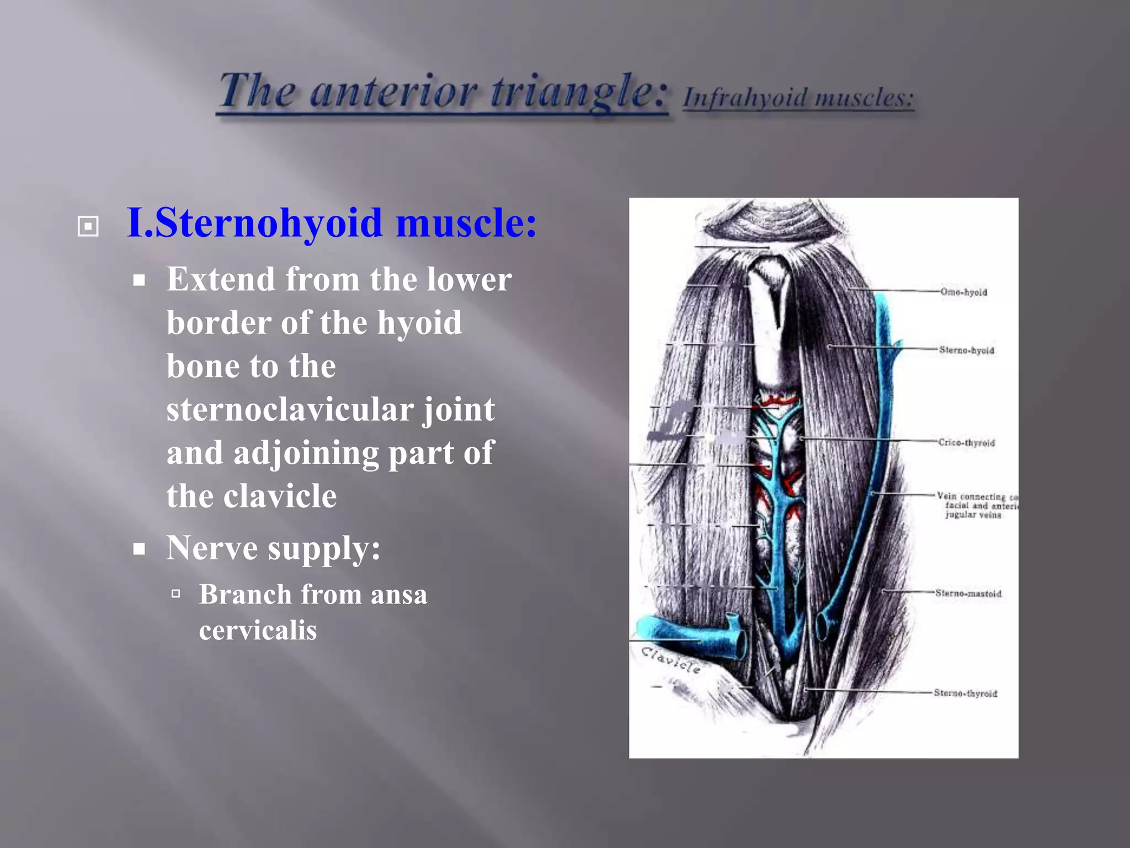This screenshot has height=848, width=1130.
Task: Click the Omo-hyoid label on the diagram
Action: click(963, 292)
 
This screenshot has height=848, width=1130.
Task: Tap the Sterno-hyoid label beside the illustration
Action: click(967, 350)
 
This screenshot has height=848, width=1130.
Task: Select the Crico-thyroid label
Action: click(967, 443)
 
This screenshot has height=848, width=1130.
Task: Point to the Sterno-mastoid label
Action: click(968, 593)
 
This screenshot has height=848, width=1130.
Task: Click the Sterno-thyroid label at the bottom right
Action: click(965, 693)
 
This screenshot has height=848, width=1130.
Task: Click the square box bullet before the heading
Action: click(88, 226)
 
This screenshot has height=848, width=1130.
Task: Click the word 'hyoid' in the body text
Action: click(419, 323)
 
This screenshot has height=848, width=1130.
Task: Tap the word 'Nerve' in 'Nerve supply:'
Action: click(212, 548)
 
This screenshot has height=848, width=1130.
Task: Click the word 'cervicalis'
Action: click(258, 630)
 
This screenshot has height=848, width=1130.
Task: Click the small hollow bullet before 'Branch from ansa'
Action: click(176, 594)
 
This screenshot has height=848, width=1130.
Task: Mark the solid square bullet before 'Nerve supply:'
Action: click(140, 549)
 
